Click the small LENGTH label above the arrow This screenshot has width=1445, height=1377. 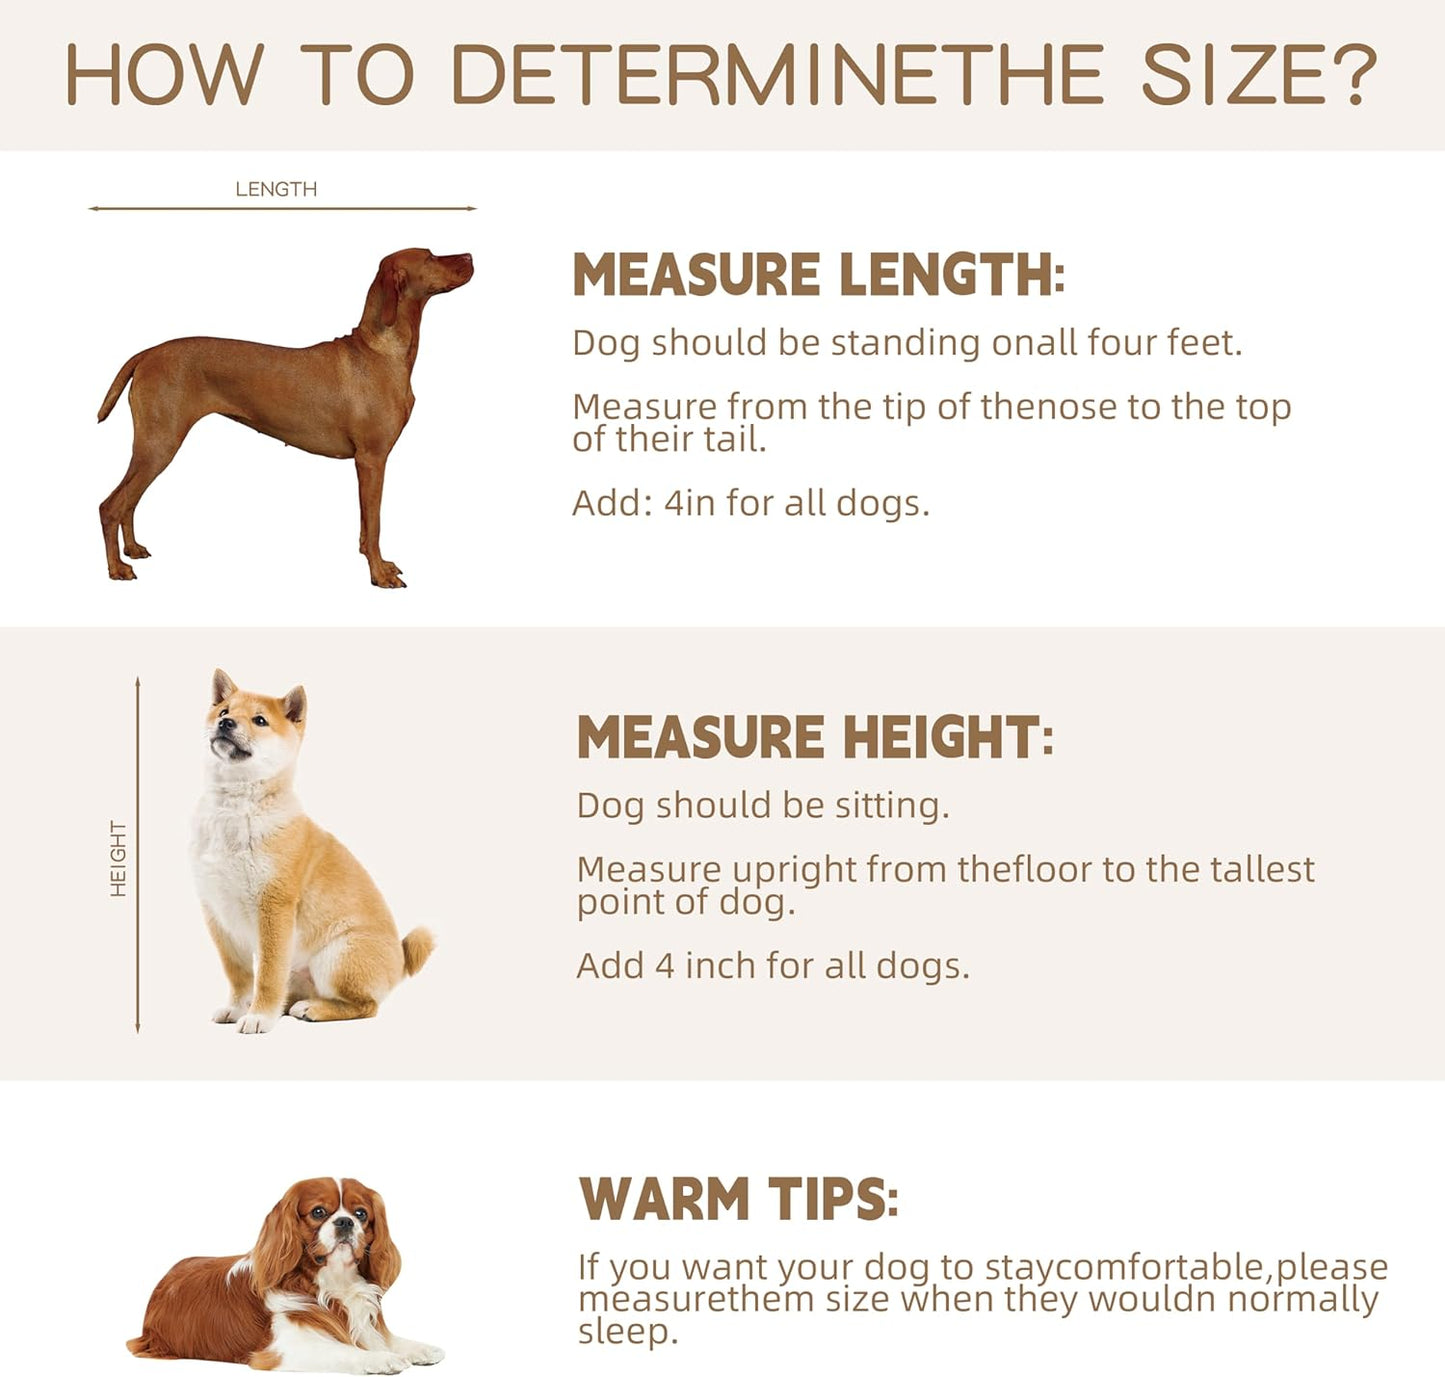(x=276, y=190)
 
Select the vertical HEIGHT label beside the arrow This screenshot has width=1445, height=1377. (x=118, y=859)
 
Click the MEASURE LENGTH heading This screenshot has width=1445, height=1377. (x=819, y=274)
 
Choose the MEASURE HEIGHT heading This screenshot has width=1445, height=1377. (x=815, y=736)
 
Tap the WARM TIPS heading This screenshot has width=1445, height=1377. (x=739, y=1198)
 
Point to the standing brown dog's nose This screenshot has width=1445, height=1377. (x=467, y=259)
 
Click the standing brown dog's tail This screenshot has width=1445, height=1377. (x=116, y=387)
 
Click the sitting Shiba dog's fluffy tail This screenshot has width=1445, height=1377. (x=417, y=949)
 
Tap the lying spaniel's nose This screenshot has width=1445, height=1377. (x=343, y=1224)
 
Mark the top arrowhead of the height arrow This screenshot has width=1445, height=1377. (x=137, y=682)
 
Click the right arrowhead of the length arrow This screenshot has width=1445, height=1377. (x=472, y=209)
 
